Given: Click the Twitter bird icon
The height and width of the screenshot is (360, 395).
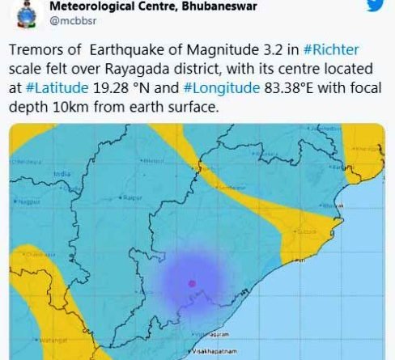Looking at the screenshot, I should click(373, 6).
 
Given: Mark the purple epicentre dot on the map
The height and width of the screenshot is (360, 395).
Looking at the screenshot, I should click(192, 282).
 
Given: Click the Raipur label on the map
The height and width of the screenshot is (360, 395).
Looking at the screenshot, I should click(134, 197).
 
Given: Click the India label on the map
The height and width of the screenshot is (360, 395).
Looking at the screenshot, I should click(61, 173).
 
